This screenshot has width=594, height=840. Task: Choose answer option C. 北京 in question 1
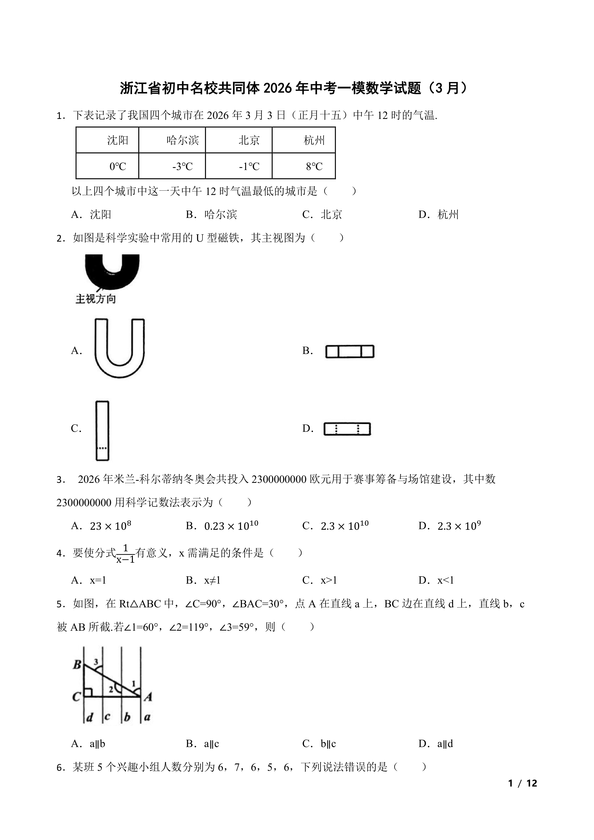coord(322,214)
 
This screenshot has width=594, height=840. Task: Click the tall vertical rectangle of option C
coord(102,431)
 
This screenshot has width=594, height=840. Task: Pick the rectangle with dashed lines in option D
coord(347,429)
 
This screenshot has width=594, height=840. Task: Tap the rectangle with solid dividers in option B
coord(350,351)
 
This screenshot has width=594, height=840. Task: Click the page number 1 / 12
coord(523,783)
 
